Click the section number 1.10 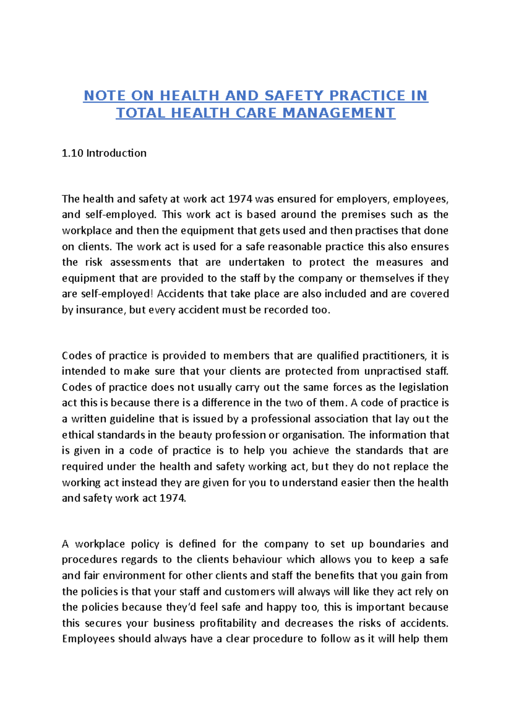[72, 153]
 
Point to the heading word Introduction [116, 153]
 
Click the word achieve [310, 451]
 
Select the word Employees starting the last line [88, 639]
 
